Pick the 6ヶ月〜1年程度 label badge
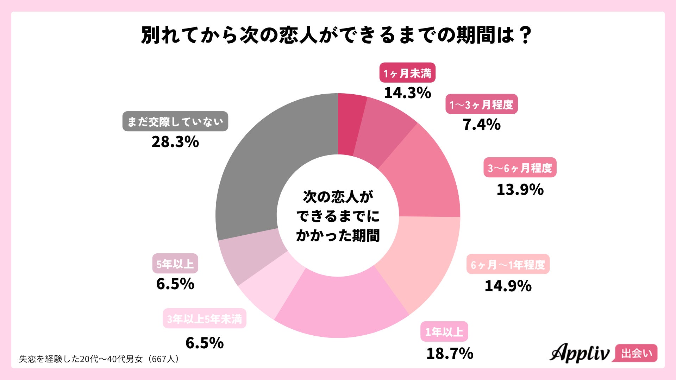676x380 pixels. (508, 264)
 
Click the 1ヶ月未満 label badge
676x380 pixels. (407, 73)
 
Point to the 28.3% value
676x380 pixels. (175, 142)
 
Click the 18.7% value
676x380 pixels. (450, 353)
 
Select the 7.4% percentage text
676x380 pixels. (481, 125)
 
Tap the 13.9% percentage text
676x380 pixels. (520, 190)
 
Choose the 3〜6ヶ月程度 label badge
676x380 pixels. (520, 168)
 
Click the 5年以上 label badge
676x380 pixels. (175, 264)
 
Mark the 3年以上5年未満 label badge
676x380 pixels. (204, 319)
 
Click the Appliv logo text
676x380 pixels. (579, 353)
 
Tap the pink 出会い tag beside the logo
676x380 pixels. (636, 353)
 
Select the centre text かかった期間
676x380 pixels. (338, 235)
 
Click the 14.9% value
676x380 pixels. (508, 286)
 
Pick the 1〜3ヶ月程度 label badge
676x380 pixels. (481, 104)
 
